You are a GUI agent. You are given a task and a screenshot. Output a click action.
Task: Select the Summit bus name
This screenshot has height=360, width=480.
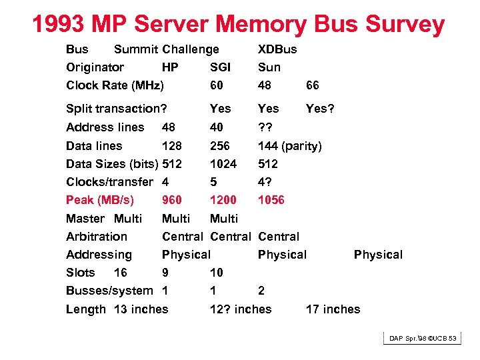136,49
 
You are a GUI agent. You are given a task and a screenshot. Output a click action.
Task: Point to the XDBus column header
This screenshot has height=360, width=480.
277,49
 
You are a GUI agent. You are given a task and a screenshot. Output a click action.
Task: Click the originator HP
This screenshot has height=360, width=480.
170,67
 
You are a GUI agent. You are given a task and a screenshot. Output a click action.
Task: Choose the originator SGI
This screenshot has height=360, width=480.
220,67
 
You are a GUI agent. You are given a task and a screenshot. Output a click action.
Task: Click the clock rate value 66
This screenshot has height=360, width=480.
312,85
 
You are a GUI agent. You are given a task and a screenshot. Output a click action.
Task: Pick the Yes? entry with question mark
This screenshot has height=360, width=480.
320,108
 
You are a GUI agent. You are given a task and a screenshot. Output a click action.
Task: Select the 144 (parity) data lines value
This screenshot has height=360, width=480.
289,145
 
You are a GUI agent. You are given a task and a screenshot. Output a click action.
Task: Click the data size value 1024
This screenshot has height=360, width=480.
223,163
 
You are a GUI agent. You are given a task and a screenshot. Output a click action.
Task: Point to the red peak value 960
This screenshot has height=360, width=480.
172,199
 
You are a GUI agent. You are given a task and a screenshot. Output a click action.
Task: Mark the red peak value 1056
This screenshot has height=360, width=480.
271,199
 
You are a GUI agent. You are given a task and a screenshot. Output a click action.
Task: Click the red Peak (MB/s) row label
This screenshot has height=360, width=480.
100,199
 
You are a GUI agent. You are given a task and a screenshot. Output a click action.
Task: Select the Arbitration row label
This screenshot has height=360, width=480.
96,236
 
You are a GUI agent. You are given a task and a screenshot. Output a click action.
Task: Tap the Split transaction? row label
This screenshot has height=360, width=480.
116,108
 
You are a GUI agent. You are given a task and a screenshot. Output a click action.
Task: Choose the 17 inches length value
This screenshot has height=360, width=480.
333,309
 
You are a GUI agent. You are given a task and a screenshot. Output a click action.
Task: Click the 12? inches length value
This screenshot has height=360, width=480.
241,309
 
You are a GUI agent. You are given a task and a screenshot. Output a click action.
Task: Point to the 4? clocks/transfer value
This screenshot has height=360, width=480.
265,181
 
